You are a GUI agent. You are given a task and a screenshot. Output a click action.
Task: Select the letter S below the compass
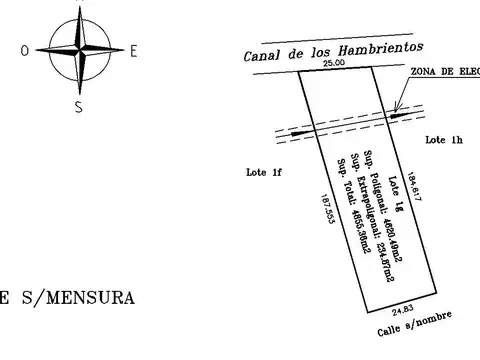click(x=78, y=108)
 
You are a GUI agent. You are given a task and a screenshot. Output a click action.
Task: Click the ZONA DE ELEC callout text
click(x=446, y=72)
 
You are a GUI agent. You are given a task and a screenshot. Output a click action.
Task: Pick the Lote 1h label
click(x=442, y=140)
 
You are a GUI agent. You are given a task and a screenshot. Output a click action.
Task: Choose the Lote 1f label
click(x=264, y=172)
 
